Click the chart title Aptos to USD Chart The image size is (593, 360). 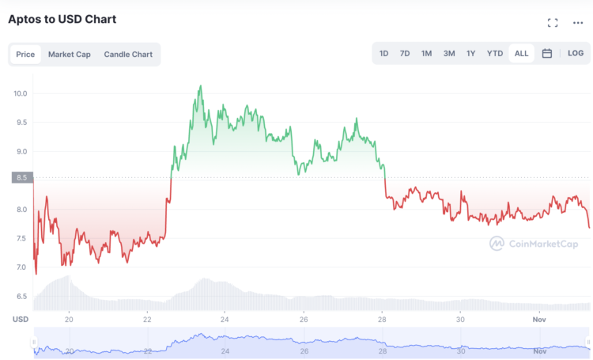click(x=62, y=18)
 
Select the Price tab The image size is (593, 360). click(x=25, y=55)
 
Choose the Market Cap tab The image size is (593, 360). click(x=70, y=55)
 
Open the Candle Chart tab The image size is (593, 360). click(x=128, y=55)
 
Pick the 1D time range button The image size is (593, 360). click(x=383, y=54)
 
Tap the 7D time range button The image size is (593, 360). click(x=405, y=54)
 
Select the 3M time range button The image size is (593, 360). click(x=449, y=54)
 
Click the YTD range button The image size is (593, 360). click(x=495, y=54)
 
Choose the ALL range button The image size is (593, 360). click(x=522, y=54)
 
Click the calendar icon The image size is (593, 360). click(x=547, y=54)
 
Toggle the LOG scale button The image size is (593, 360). click(x=576, y=54)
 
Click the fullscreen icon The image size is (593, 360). click(x=553, y=23)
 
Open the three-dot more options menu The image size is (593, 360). click(x=578, y=23)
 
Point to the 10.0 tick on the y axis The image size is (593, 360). click(x=20, y=93)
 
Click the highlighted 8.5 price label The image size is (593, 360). click(x=21, y=177)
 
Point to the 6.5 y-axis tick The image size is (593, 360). click(x=20, y=297)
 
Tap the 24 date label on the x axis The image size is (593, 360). click(x=225, y=320)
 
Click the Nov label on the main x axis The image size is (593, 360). click(x=539, y=320)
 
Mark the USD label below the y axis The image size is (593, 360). click(x=20, y=320)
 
